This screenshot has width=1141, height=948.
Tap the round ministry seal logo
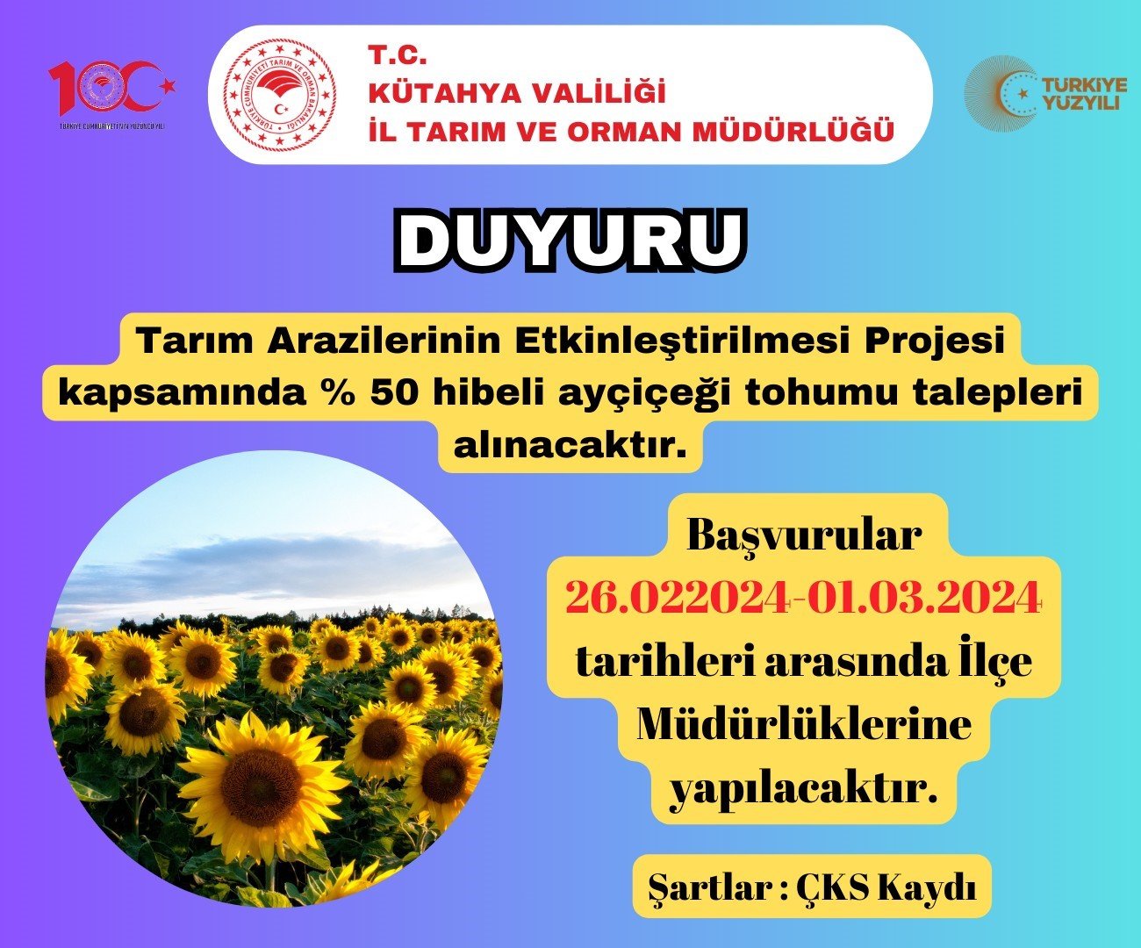tap(279, 95)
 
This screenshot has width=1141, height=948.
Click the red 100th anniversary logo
tap(112, 94)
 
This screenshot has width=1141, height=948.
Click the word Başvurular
tap(804, 535)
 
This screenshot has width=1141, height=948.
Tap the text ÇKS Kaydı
tap(886, 888)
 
